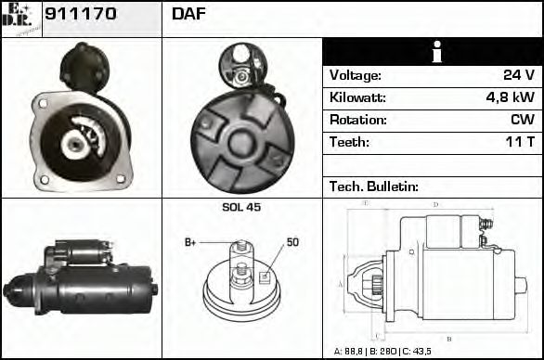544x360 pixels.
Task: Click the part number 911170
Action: tap(80, 15)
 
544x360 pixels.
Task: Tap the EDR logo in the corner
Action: tap(21, 19)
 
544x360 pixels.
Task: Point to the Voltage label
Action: tap(355, 75)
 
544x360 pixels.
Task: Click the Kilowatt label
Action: tap(357, 97)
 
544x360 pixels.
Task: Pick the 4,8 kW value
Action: tap(510, 97)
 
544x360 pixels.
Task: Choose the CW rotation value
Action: tap(522, 120)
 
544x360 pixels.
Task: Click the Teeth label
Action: tap(349, 142)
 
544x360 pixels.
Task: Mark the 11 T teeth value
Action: tap(518, 142)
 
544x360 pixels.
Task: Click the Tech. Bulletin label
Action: tap(374, 186)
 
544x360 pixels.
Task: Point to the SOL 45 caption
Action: tap(241, 207)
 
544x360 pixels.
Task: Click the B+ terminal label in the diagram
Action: tap(190, 242)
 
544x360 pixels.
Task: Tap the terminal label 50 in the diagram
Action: tap(292, 242)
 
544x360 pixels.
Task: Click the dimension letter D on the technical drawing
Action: tap(435, 204)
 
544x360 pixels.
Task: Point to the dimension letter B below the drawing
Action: tap(449, 339)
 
